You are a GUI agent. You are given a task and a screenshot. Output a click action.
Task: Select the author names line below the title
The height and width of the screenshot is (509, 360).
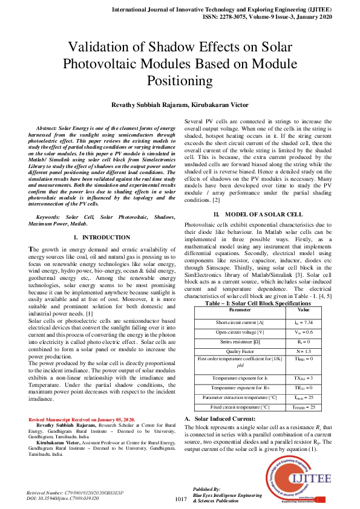pos(180,105)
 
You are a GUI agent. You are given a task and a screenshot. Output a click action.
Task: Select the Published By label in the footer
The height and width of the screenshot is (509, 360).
pos(206,488)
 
